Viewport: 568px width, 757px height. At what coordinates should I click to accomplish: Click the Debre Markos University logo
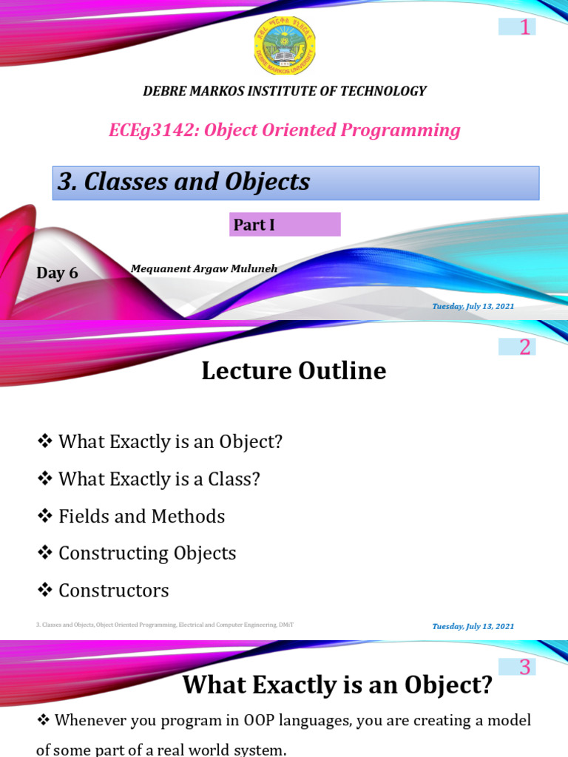click(x=284, y=46)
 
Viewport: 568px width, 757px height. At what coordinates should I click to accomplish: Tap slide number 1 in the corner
click(x=525, y=27)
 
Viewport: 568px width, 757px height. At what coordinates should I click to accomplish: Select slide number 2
click(x=524, y=347)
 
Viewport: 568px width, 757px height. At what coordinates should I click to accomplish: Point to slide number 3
click(x=524, y=667)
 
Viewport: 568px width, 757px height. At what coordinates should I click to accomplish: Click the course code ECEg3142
click(x=153, y=131)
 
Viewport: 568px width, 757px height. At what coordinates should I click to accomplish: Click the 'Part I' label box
click(x=285, y=225)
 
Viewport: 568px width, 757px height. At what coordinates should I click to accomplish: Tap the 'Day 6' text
click(x=57, y=273)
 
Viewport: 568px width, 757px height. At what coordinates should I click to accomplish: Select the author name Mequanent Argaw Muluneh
click(x=204, y=268)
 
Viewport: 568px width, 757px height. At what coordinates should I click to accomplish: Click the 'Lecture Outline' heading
click(x=294, y=371)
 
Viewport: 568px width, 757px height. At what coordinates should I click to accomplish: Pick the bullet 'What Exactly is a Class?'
click(x=159, y=479)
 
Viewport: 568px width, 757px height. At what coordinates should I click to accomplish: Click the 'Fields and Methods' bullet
click(x=141, y=516)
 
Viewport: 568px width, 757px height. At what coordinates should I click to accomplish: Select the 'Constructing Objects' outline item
click(x=147, y=553)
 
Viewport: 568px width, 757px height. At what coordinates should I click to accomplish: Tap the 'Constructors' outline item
click(x=113, y=591)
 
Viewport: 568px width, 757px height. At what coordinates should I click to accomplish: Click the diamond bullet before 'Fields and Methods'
click(x=44, y=515)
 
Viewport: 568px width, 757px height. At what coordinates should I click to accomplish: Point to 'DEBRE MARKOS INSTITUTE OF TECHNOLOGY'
click(x=284, y=92)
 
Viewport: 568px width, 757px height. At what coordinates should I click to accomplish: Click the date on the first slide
click(x=473, y=306)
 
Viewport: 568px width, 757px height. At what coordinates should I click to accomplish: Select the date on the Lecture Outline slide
click(x=473, y=626)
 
